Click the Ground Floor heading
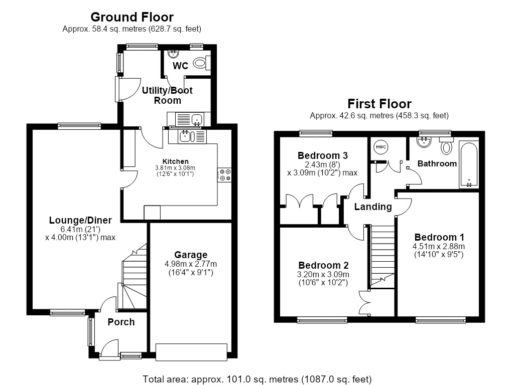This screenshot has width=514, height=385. [132, 17]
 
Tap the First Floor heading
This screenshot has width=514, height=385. [379, 104]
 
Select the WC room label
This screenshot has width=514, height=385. [180, 66]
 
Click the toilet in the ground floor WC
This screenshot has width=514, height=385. [202, 63]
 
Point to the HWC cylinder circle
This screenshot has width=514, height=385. [380, 147]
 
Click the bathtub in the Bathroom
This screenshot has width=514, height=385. [468, 165]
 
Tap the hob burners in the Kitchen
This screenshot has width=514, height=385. [224, 175]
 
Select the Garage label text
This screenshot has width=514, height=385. [190, 255]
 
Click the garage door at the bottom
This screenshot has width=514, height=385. [191, 352]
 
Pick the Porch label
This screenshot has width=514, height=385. [121, 322]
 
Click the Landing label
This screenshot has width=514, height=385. [373, 207]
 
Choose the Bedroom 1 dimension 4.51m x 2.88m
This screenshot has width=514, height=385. [439, 246]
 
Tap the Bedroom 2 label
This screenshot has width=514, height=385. [324, 265]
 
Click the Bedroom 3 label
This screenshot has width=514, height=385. [323, 155]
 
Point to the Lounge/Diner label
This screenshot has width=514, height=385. [80, 221]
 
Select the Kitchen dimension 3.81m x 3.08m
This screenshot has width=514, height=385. [175, 168]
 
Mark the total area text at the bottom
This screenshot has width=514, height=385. [257, 379]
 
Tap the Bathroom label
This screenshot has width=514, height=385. [437, 164]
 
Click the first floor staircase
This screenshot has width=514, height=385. [382, 257]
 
